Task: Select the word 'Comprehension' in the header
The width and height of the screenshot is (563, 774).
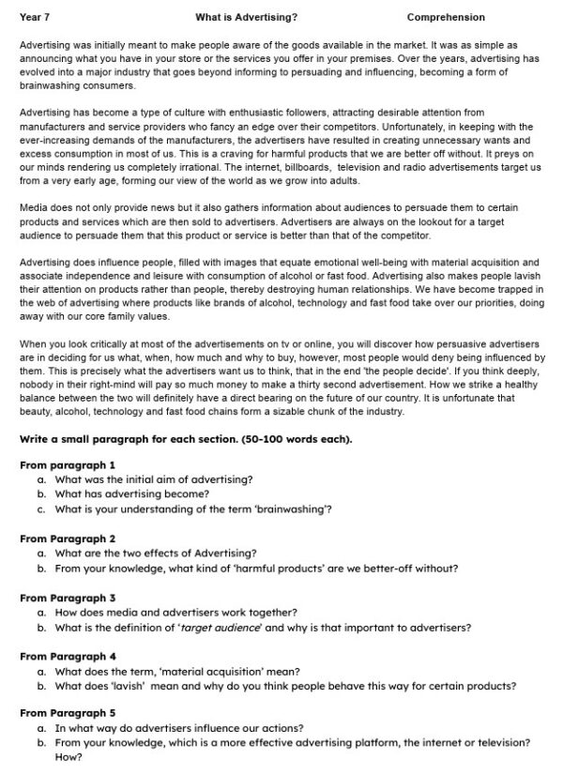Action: click(x=446, y=17)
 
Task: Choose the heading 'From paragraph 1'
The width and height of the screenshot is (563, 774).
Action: click(x=68, y=464)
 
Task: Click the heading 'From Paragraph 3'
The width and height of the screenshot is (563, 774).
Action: click(x=68, y=598)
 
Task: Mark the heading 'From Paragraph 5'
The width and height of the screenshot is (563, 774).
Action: click(x=68, y=713)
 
